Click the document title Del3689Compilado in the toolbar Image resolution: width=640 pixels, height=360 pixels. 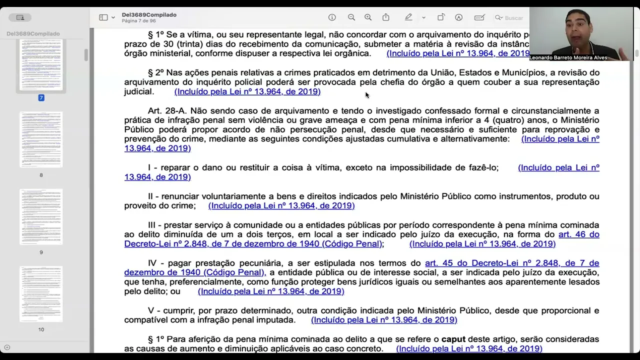tap(149, 14)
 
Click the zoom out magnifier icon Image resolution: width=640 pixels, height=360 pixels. tap(351, 17)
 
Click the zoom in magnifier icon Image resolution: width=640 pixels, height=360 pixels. tap(368, 17)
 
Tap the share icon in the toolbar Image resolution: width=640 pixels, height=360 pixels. tap(386, 17)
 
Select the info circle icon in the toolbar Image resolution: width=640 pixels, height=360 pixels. tap(332, 17)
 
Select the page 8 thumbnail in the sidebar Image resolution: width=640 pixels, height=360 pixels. tap(41, 139)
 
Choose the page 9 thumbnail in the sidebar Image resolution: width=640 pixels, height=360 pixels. tap(41, 217)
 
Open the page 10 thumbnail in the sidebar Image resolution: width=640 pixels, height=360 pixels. tap(41, 294)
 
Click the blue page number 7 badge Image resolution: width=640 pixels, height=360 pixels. tap(41, 97)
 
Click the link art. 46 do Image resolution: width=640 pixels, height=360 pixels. tap(578, 234)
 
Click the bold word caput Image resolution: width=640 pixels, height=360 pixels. tap(453, 339)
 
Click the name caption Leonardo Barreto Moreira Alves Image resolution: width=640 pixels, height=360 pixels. tap(568, 57)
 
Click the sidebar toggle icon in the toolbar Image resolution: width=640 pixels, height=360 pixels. tap(103, 17)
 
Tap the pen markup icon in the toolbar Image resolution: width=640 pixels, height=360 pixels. tap(408, 17)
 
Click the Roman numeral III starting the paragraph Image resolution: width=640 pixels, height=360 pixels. tap(151, 225)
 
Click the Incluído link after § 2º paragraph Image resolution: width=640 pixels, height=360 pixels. tap(247, 91)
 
